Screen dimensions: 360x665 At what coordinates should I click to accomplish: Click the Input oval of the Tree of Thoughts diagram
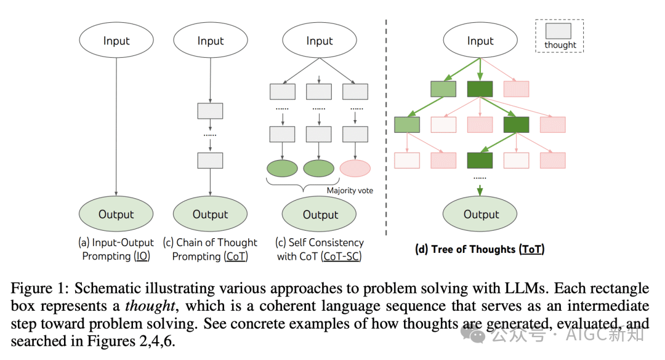click(x=480, y=41)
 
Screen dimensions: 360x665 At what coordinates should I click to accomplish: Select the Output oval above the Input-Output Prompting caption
click(x=116, y=214)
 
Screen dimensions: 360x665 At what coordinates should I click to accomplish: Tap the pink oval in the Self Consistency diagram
click(x=355, y=168)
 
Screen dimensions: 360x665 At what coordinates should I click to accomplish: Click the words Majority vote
click(x=350, y=190)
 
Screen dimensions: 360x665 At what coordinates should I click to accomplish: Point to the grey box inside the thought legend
click(x=558, y=31)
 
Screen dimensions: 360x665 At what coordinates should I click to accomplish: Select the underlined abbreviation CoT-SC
click(x=341, y=256)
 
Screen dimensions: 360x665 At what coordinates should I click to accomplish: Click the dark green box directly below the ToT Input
click(x=480, y=89)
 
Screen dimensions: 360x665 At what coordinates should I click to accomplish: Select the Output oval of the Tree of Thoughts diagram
click(x=481, y=214)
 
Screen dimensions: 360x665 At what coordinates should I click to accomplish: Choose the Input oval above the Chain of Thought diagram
click(x=210, y=41)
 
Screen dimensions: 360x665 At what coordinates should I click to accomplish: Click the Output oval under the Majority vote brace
click(x=320, y=214)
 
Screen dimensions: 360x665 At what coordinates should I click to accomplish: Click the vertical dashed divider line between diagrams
click(x=386, y=123)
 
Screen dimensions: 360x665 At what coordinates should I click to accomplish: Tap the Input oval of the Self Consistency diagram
click(x=319, y=41)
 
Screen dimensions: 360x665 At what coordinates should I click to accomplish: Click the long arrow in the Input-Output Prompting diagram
click(x=116, y=123)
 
